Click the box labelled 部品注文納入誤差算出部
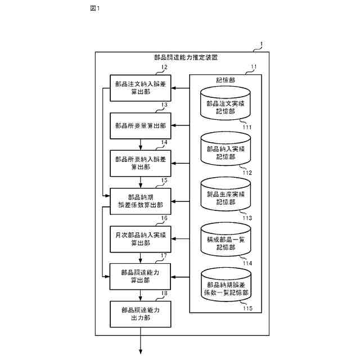pyautogui.click(x=140, y=88)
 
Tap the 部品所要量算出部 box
pyautogui.click(x=140, y=125)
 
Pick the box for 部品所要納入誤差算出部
pyautogui.click(x=140, y=163)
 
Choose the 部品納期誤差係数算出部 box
pyautogui.click(x=140, y=201)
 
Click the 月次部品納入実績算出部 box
pyautogui.click(x=140, y=238)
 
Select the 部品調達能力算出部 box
pyautogui.click(x=140, y=276)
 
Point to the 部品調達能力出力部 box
pyautogui.click(x=140, y=314)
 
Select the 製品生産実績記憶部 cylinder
pyautogui.click(x=225, y=197)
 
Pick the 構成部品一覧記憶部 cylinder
pyautogui.click(x=225, y=243)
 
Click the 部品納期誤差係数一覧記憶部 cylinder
pyautogui.click(x=225, y=289)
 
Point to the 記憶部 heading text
pyautogui.click(x=225, y=80)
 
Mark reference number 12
pyautogui.click(x=164, y=67)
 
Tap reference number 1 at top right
pyautogui.click(x=260, y=44)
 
